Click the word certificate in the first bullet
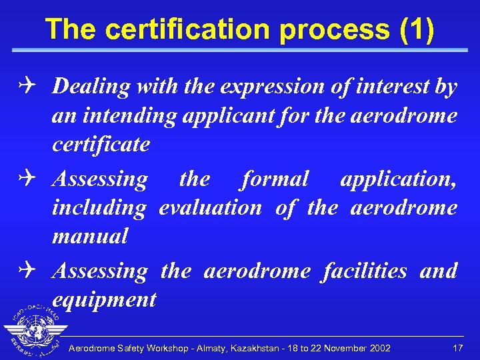[x=101, y=144]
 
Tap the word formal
[x=275, y=179]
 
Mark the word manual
[x=89, y=236]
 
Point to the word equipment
[x=104, y=299]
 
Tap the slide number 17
[x=457, y=348]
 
